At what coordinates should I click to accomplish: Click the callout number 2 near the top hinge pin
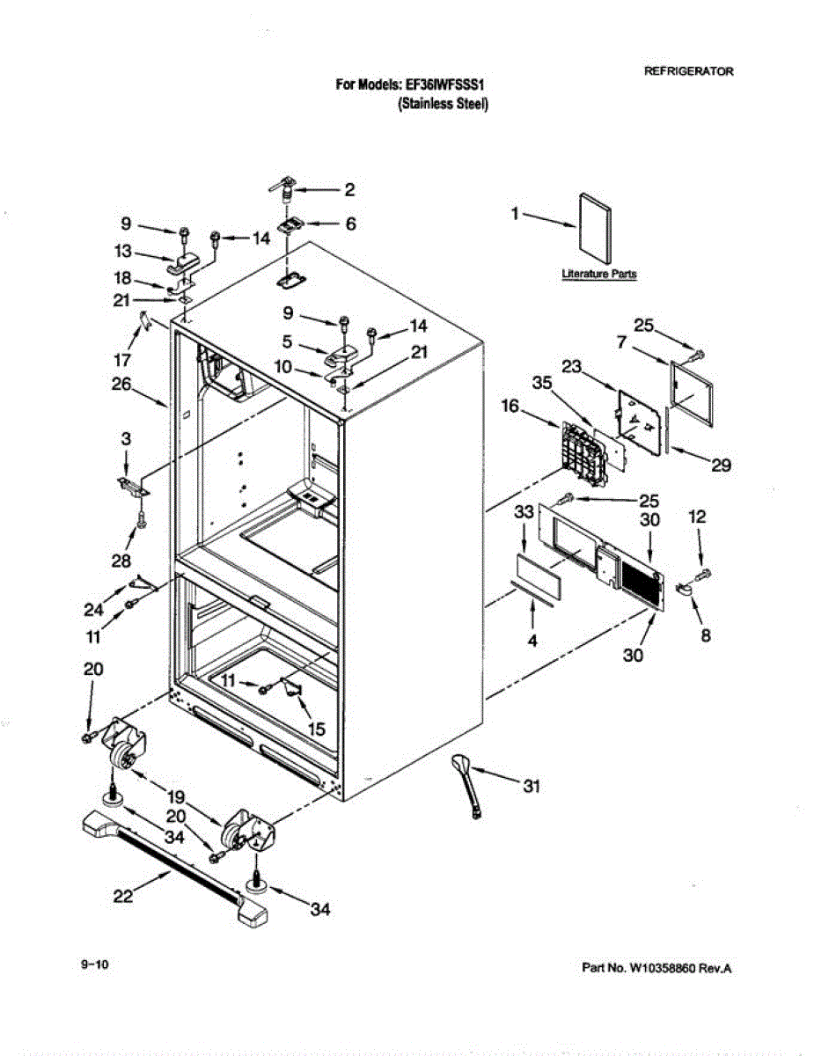(x=349, y=189)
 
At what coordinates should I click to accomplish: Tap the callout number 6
(x=350, y=224)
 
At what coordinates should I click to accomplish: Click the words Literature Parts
(x=599, y=275)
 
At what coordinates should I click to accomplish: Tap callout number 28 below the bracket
(x=121, y=561)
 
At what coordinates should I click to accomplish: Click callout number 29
(x=722, y=466)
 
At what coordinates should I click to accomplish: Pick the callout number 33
(x=524, y=511)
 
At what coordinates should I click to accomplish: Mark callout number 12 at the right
(x=697, y=518)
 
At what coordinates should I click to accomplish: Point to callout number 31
(x=531, y=788)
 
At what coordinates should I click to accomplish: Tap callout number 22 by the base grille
(x=124, y=896)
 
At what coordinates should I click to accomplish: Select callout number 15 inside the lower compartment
(x=314, y=729)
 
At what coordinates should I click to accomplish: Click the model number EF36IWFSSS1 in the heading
(x=445, y=85)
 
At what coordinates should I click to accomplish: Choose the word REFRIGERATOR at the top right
(x=689, y=72)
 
